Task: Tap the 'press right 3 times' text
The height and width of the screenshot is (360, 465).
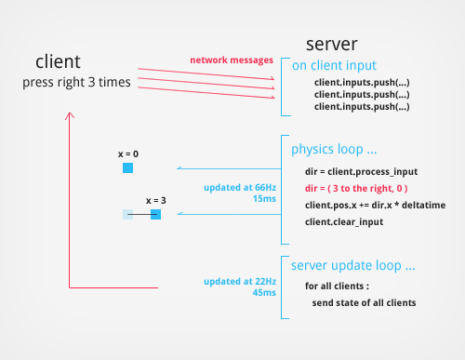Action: (76, 83)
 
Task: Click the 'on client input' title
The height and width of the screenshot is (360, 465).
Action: (333, 65)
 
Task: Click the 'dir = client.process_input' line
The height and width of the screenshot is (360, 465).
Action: (361, 171)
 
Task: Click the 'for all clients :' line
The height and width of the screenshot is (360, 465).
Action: (342, 286)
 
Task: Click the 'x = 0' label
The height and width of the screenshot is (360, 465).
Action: (127, 153)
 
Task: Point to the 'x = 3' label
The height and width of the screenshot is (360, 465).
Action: (155, 200)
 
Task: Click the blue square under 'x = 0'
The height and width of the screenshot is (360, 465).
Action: (127, 168)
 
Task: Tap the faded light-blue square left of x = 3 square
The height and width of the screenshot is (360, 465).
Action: (128, 215)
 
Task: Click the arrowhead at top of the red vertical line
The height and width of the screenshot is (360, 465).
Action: (69, 116)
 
